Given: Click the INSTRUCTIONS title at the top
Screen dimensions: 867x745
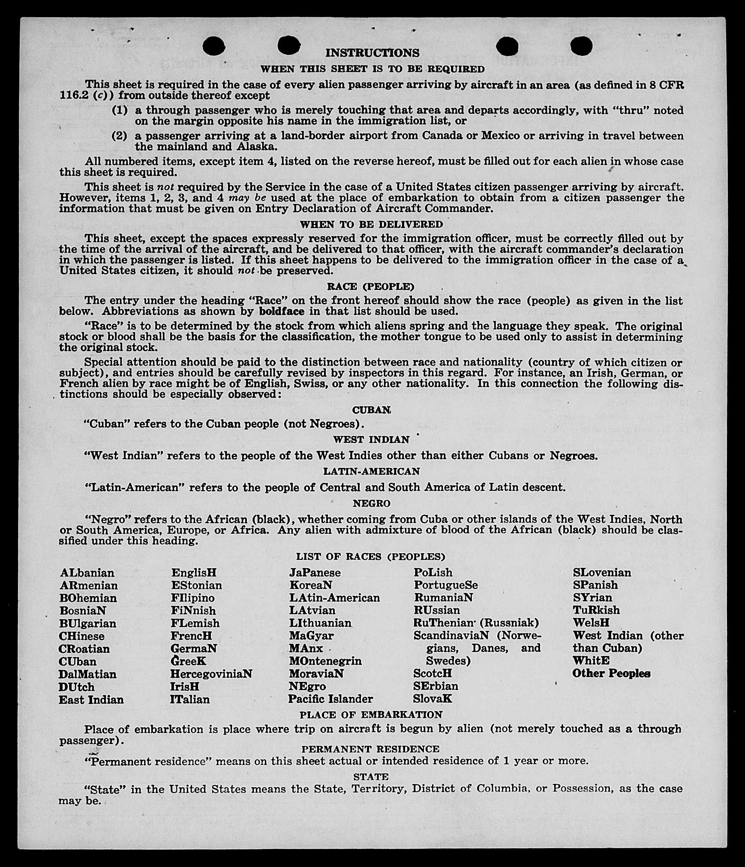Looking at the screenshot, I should point(372,53).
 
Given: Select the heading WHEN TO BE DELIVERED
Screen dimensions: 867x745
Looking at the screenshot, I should point(371,224).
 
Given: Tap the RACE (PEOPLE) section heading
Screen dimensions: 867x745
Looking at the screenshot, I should point(371,286).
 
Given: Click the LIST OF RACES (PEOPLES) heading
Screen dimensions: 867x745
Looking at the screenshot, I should point(371,556).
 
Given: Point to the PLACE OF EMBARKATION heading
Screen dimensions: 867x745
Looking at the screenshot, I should point(371,714).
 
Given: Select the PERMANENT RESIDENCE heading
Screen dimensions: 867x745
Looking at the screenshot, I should point(371,749).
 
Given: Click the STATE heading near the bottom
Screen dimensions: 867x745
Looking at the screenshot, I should point(371,776).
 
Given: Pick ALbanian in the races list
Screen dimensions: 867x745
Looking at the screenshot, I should point(87,573).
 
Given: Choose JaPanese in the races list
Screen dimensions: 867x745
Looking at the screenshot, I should point(315,573).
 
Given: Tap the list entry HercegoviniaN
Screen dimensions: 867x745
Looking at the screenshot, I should point(211,674).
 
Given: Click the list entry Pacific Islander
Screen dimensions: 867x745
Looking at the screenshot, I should point(330,699).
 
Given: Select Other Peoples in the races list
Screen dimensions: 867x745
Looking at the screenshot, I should point(611,673).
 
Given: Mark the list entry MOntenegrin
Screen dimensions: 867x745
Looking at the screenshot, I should point(325,661).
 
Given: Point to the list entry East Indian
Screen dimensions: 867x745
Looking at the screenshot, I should point(91,699).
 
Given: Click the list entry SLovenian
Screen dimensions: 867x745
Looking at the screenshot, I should point(602,573).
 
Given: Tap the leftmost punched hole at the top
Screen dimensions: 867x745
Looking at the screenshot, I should point(213,46).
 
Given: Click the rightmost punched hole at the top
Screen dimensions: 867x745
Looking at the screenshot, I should point(582,45).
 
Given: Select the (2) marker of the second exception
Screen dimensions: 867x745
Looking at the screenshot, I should point(120,136).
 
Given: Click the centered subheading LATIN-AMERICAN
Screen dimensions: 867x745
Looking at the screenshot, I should point(371,471).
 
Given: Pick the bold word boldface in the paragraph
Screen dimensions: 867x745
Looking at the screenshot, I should point(282,311).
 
